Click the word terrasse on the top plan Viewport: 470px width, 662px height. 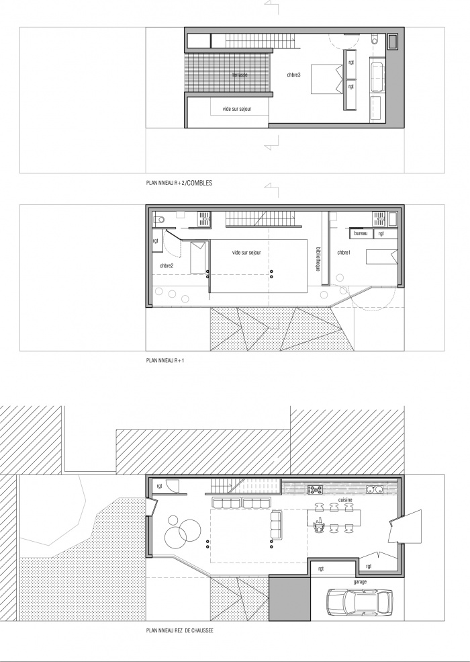pos(240,74)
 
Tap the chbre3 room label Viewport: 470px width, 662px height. pos(293,75)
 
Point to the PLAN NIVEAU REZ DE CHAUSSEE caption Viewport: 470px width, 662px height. pos(180,631)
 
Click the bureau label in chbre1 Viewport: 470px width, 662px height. pos(361,233)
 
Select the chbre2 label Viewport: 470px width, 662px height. pos(167,265)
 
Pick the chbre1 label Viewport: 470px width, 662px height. pos(344,253)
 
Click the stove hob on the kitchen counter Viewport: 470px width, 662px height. pos(315,489)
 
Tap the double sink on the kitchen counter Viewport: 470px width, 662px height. pos(375,489)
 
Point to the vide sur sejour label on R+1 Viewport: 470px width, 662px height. pos(246,252)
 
